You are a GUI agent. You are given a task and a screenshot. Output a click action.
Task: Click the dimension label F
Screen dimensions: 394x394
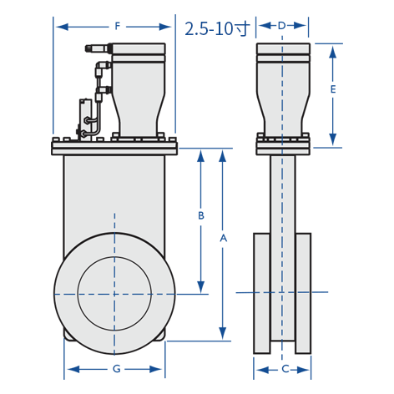[118, 27]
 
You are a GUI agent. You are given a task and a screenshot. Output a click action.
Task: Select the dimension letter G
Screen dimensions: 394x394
[117, 369]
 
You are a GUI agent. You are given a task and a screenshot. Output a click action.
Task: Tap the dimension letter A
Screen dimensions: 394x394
[223, 239]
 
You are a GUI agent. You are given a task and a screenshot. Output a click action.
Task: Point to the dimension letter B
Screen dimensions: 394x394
[201, 215]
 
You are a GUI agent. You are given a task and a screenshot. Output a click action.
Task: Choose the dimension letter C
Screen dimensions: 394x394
[285, 369]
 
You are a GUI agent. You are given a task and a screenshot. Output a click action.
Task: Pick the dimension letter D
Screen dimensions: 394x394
[281, 26]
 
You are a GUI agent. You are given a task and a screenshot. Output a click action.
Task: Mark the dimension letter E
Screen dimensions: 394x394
[333, 89]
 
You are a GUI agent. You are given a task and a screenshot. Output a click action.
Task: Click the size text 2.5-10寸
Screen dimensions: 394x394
[217, 28]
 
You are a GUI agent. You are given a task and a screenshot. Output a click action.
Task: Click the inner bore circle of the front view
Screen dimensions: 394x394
[114, 256]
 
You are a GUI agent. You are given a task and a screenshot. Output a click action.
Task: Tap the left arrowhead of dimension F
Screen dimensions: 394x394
[62, 27]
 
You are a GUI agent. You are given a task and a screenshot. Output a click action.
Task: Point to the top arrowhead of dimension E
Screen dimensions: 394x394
[333, 52]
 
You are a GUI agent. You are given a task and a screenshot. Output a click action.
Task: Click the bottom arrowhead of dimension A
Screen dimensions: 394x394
[223, 333]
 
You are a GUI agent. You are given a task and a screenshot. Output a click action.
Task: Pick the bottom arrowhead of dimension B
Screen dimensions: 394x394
[201, 287]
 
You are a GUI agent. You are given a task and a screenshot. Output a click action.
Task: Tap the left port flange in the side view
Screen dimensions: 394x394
[261, 293]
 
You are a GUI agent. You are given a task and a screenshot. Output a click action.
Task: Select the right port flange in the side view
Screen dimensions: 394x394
[303, 293]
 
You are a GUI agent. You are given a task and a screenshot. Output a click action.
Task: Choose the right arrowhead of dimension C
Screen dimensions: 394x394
[304, 370]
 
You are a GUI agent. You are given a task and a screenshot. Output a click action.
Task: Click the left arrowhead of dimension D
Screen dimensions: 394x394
[265, 26]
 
